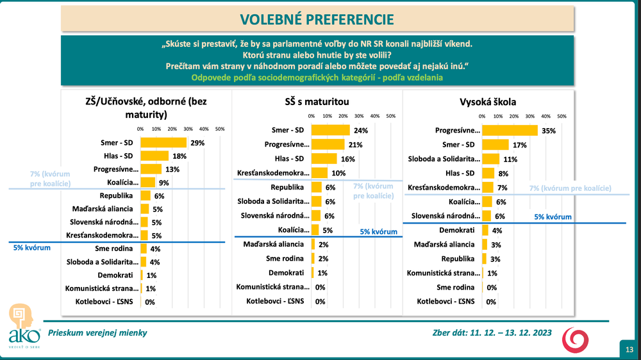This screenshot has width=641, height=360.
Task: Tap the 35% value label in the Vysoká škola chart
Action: (547, 131)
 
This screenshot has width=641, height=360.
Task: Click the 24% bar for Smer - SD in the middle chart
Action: (330, 130)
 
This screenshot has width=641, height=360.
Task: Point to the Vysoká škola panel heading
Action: (488, 101)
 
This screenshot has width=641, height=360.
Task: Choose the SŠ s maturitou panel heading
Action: (316, 101)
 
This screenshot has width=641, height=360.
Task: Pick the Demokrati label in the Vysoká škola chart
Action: (457, 230)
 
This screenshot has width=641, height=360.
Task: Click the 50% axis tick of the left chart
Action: (219, 129)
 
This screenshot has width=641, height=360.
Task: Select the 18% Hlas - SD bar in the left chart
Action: (154, 156)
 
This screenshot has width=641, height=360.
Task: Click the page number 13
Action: (629, 349)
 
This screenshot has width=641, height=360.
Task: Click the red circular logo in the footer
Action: (572, 340)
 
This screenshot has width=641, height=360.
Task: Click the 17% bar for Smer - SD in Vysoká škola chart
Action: (495, 145)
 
